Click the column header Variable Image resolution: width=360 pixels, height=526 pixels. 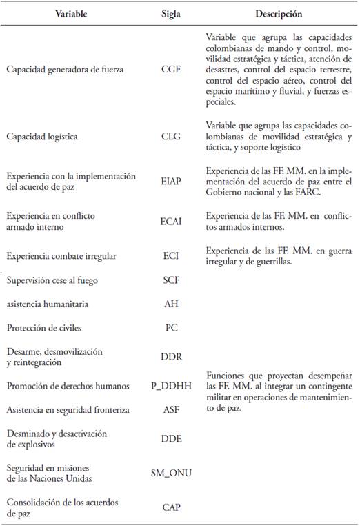pyautogui.click(x=70, y=13)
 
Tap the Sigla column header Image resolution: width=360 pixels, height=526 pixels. pyautogui.click(x=170, y=13)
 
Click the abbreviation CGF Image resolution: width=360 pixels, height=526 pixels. pyautogui.click(x=170, y=70)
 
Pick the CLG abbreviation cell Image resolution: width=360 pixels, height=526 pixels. pyautogui.click(x=170, y=137)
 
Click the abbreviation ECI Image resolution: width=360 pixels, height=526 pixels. pyautogui.click(x=170, y=256)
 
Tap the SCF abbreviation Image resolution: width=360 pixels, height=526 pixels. pyautogui.click(x=170, y=280)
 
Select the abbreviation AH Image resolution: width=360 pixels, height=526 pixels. pyautogui.click(x=170, y=304)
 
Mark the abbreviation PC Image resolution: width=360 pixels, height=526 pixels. pyautogui.click(x=170, y=328)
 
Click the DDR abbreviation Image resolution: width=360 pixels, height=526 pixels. pyautogui.click(x=170, y=358)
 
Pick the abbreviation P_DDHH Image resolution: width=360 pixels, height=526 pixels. pyautogui.click(x=170, y=386)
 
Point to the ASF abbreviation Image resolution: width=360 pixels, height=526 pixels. pyautogui.click(x=170, y=410)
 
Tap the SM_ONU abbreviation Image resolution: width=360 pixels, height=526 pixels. pyautogui.click(x=170, y=472)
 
